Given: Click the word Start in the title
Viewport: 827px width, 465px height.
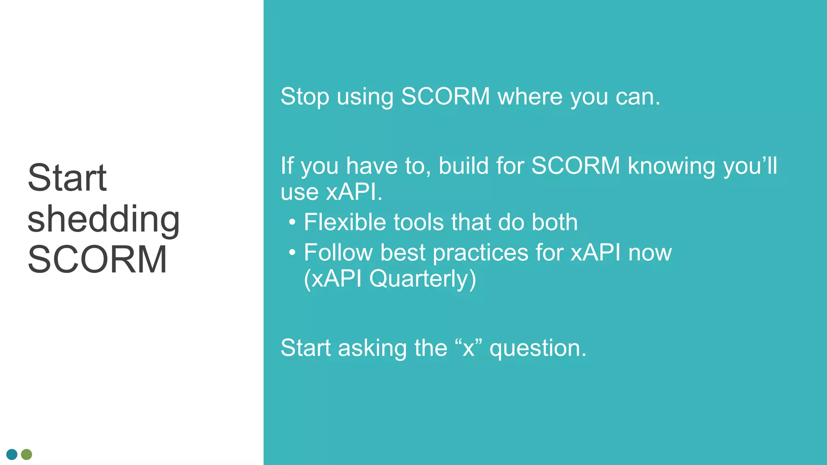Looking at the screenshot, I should click(x=67, y=178).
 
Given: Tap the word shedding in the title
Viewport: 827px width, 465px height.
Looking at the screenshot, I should click(x=103, y=219).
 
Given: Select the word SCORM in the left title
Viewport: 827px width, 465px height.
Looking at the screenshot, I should click(x=97, y=260).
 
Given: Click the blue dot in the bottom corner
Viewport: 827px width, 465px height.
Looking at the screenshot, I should click(x=12, y=455).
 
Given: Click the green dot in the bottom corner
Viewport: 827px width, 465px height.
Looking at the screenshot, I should click(x=27, y=455).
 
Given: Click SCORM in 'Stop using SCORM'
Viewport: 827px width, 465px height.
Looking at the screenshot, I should click(x=445, y=97).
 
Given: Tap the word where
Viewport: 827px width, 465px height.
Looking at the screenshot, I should click(x=530, y=97).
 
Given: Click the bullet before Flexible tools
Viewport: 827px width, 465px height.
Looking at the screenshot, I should click(x=292, y=222).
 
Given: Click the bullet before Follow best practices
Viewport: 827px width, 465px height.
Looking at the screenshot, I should click(x=292, y=253).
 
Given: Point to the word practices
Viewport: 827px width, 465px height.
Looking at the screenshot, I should click(x=480, y=253).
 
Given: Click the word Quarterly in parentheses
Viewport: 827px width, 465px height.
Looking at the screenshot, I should click(x=422, y=279).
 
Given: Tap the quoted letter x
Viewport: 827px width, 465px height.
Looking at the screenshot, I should click(x=468, y=348).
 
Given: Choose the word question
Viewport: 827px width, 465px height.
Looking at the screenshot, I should click(x=537, y=348).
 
